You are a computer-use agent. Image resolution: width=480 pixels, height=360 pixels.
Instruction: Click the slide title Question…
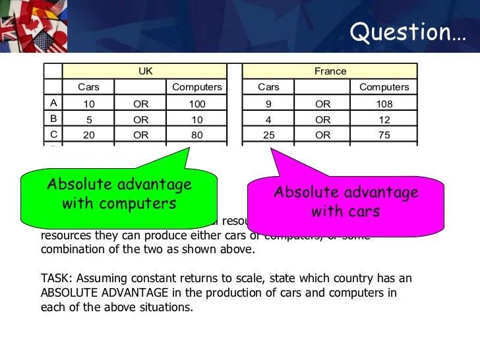click(x=407, y=32)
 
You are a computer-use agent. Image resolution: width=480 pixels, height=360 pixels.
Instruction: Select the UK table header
click(x=145, y=71)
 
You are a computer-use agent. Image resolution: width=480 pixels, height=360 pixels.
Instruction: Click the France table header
click(x=330, y=71)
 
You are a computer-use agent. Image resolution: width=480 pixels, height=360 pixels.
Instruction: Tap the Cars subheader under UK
click(x=89, y=87)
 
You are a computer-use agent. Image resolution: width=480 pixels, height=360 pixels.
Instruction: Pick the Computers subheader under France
click(x=384, y=87)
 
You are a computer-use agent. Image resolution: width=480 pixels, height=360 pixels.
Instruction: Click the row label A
click(x=53, y=103)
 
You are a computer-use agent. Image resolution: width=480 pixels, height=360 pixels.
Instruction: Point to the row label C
click(x=53, y=134)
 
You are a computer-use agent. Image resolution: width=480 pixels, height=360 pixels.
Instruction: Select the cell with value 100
click(x=197, y=104)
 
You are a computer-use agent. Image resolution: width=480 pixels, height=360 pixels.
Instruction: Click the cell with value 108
click(x=384, y=104)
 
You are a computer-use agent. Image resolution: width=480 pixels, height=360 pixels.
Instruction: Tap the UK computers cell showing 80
click(x=197, y=135)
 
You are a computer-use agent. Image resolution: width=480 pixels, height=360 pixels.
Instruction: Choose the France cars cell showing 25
click(x=268, y=135)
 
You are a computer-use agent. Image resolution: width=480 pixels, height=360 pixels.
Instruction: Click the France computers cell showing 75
click(x=384, y=135)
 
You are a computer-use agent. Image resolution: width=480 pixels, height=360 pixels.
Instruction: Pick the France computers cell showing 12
click(x=384, y=119)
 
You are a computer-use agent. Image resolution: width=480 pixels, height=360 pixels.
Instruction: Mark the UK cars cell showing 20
click(x=89, y=135)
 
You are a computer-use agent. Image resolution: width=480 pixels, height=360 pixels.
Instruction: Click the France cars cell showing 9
click(x=268, y=104)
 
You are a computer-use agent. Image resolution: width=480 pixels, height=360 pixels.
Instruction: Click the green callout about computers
click(x=119, y=193)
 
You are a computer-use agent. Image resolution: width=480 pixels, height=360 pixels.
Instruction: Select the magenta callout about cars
click(x=345, y=201)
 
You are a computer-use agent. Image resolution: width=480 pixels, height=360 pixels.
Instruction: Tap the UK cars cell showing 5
click(x=89, y=119)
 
